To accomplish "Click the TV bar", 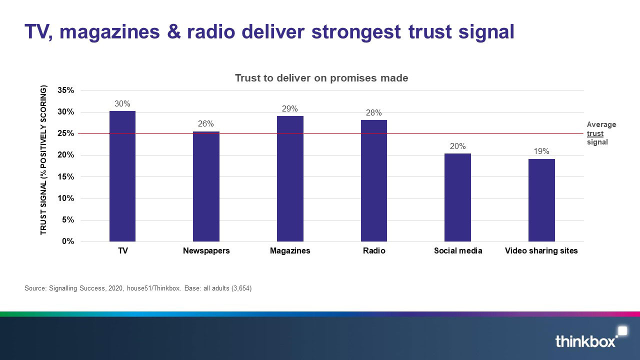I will click(x=122, y=176).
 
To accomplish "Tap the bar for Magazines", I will click(x=290, y=178).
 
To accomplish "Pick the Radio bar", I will click(x=374, y=180).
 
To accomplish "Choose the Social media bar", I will click(x=457, y=197).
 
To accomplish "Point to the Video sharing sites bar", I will click(x=541, y=200).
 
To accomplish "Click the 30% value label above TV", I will click(x=122, y=104).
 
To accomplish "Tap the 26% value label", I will click(x=206, y=124).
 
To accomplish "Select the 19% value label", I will click(x=541, y=151).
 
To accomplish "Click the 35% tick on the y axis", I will click(x=66, y=90).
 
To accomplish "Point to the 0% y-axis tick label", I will click(x=68, y=241).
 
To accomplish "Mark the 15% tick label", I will click(x=66, y=177).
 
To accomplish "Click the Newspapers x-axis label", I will click(x=206, y=251).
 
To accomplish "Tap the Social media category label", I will click(x=458, y=251).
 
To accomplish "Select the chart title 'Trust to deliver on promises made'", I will click(x=321, y=78).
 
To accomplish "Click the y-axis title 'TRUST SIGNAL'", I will click(x=43, y=160).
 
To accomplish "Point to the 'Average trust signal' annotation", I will click(x=601, y=133).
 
